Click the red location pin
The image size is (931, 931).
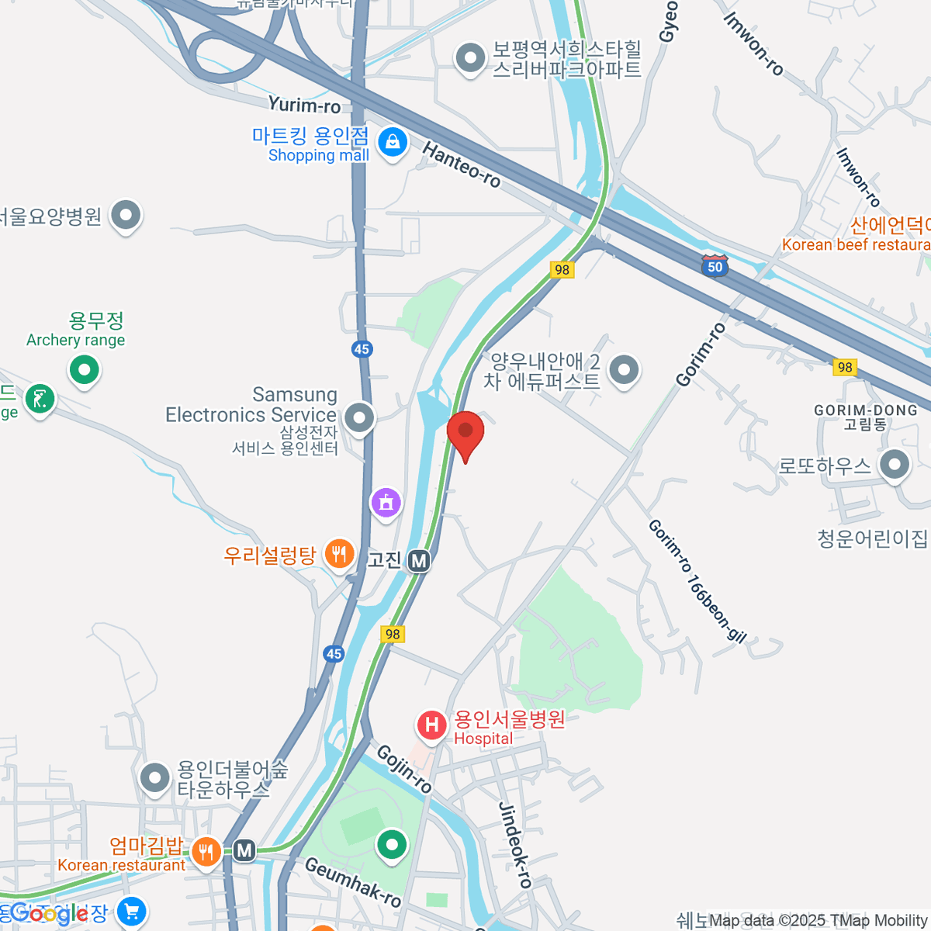pyautogui.click(x=465, y=431)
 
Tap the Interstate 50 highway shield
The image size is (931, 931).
pyautogui.click(x=715, y=265)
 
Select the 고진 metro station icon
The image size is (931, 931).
pyautogui.click(x=419, y=560)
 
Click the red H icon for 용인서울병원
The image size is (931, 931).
pyautogui.click(x=431, y=726)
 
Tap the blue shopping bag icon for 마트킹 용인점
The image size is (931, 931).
pyautogui.click(x=393, y=142)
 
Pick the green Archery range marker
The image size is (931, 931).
pyautogui.click(x=84, y=370)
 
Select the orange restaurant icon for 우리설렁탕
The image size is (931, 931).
pyautogui.click(x=339, y=554)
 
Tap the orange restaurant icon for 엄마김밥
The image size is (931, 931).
pyautogui.click(x=206, y=852)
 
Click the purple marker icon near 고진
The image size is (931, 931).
pyautogui.click(x=386, y=503)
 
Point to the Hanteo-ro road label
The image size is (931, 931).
pyautogui.click(x=461, y=164)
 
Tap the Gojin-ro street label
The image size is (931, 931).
pyautogui.click(x=404, y=769)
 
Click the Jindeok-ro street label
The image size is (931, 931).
pyautogui.click(x=514, y=845)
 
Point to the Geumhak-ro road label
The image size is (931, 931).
pyautogui.click(x=353, y=882)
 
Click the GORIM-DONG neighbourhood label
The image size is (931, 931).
pyautogui.click(x=865, y=410)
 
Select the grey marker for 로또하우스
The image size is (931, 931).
pyautogui.click(x=895, y=465)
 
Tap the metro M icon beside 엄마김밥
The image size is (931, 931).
pyautogui.click(x=245, y=850)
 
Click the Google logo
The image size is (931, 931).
pyautogui.click(x=48, y=914)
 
